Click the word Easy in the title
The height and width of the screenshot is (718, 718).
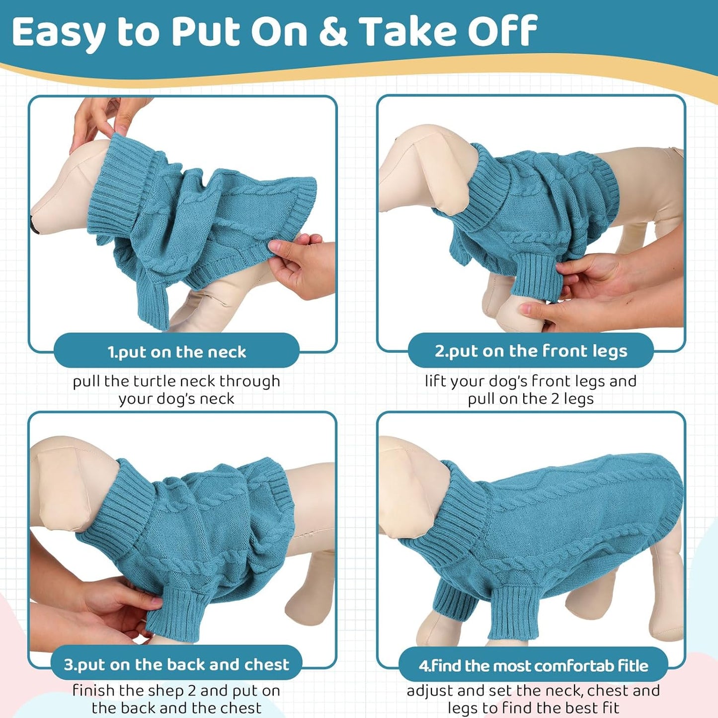(59, 32)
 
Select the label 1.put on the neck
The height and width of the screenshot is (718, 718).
(176, 352)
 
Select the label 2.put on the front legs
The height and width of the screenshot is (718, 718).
(531, 351)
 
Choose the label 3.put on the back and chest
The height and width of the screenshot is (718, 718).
(176, 664)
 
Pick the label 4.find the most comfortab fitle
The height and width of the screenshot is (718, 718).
(533, 665)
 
